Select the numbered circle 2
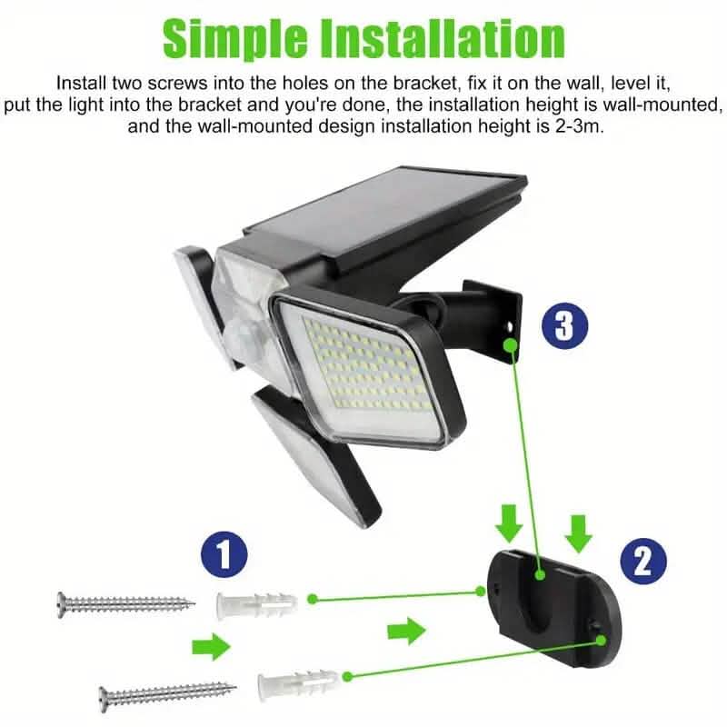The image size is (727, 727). coord(642,562)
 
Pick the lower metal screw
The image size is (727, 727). coord(168,695)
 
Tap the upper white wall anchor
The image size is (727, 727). coord(254,603)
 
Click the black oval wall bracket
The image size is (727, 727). coord(551,604)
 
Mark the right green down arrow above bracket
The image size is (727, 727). coord(576,531)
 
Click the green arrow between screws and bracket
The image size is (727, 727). coord(405,629)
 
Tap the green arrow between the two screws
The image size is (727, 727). coord(212,646)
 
